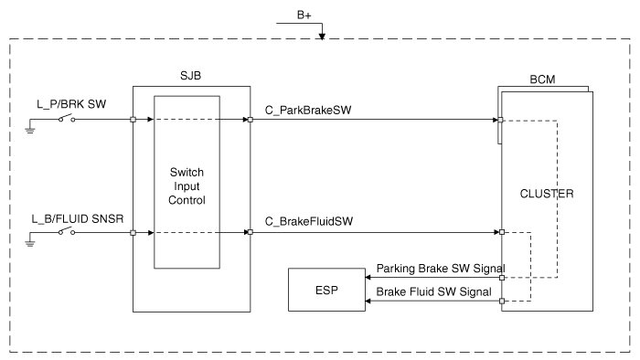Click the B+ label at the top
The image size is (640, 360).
(304, 16)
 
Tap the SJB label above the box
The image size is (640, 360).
(190, 76)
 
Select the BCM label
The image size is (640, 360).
(542, 79)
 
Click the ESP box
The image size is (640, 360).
(326, 290)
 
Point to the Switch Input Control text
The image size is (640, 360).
(187, 186)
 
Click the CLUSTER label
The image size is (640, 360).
(547, 194)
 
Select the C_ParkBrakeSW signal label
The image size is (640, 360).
(308, 111)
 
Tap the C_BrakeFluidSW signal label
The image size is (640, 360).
(309, 221)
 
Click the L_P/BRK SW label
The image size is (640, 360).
(71, 104)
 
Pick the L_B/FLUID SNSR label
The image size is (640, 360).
(78, 219)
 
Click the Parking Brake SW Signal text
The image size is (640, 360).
(441, 269)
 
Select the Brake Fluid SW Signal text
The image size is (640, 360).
(434, 291)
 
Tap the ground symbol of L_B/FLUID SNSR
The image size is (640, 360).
(30, 243)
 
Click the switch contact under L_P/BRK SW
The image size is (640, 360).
(67, 119)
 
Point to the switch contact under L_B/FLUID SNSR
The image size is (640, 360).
(67, 231)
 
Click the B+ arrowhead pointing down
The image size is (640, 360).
(322, 37)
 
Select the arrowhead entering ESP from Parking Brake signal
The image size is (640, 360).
(368, 278)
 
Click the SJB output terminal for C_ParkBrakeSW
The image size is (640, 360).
(251, 120)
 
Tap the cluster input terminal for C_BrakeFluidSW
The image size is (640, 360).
(502, 232)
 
